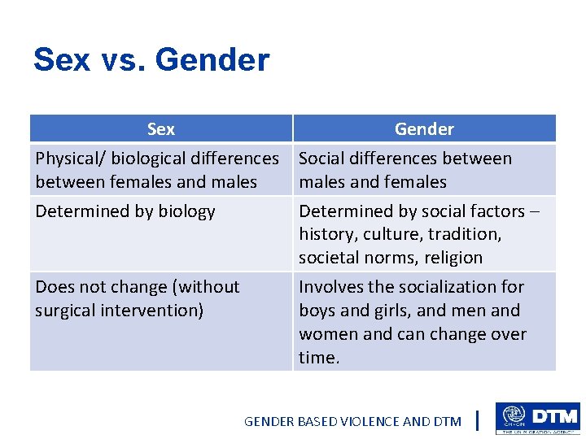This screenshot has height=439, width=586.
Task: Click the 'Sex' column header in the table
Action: (160, 129)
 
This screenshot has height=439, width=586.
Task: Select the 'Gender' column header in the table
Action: (424, 129)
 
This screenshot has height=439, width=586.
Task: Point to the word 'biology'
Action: (186, 211)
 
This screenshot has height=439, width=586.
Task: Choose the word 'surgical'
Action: (66, 311)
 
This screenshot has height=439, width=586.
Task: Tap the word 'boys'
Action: (319, 311)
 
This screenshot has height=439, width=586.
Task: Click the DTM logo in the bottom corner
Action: (537, 418)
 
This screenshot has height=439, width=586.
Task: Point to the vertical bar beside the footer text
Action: (476, 420)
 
